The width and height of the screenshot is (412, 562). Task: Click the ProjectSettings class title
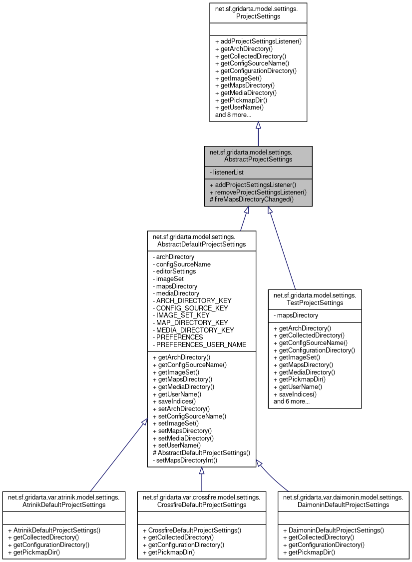[x=258, y=12]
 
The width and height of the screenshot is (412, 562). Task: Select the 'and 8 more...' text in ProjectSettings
[x=233, y=114]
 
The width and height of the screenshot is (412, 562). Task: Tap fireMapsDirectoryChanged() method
[x=252, y=198]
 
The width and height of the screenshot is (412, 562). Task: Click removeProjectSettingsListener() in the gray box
[x=258, y=191]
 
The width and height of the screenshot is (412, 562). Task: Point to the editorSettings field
[x=176, y=271]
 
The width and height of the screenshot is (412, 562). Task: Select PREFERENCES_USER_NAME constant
[x=199, y=344]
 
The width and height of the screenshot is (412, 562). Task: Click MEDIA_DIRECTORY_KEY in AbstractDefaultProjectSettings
[x=195, y=330]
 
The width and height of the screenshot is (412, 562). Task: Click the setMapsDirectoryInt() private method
[x=185, y=459]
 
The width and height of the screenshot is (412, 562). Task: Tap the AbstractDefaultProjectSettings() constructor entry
[x=201, y=452]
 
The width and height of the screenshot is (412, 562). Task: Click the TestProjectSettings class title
[x=315, y=299]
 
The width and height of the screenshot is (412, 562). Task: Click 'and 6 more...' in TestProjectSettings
[x=291, y=401]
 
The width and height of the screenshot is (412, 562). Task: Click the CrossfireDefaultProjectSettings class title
[x=201, y=500]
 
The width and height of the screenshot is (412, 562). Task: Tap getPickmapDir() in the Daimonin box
[x=309, y=552]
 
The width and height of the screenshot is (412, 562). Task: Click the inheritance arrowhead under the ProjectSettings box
[x=258, y=125]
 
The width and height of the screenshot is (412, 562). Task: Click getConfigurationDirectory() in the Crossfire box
[x=183, y=544]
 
